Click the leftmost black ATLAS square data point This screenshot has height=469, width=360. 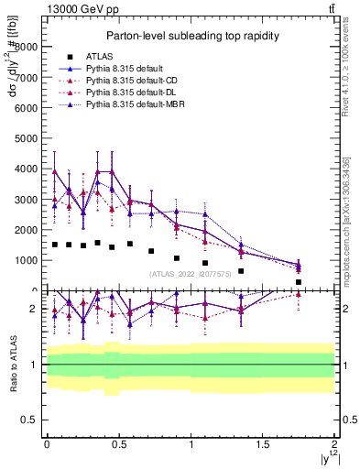[x=55, y=245]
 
